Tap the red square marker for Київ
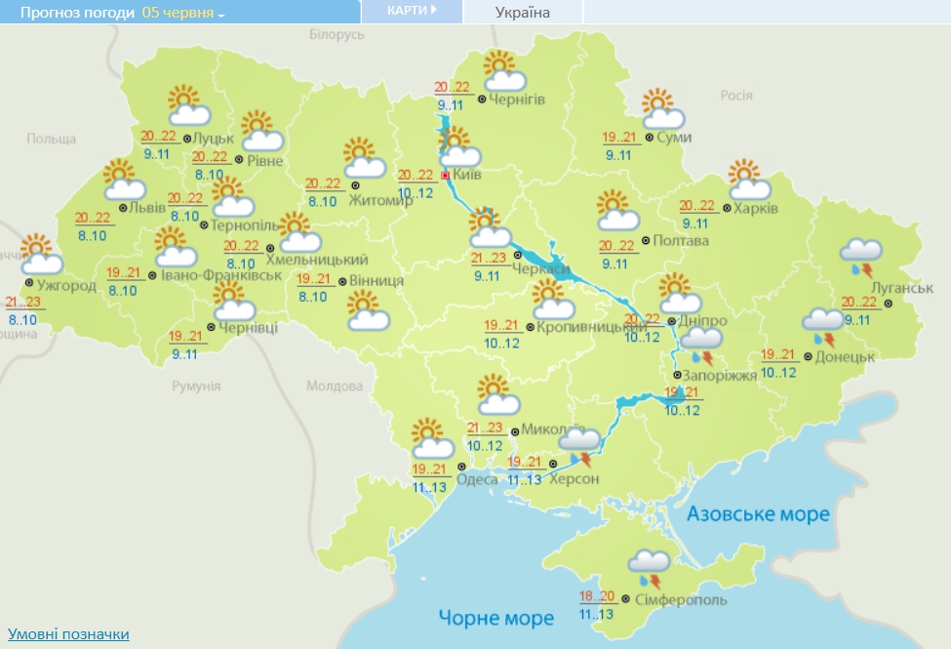coord(446,176)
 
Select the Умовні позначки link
coord(68,634)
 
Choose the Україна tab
coord(522,13)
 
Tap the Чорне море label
coord(495,617)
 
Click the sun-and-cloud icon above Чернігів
coord(504,72)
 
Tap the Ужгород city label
coord(67,285)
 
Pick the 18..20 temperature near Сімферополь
coord(598,597)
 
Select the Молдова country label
coord(334,386)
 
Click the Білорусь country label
coord(336,34)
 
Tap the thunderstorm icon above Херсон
coord(579,449)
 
